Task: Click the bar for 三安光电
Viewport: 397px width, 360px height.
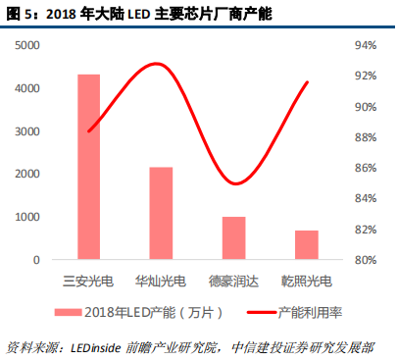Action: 89,167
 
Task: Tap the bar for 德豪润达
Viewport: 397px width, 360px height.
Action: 233,238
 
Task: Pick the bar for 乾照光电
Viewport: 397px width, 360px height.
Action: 306,245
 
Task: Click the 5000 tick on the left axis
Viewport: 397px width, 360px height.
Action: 28,46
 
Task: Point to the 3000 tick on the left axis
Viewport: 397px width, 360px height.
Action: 28,131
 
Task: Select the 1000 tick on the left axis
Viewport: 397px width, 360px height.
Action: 28,217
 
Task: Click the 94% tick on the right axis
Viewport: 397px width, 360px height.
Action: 365,46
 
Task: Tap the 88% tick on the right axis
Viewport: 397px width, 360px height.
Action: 365,137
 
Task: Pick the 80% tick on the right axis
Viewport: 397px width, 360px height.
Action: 365,260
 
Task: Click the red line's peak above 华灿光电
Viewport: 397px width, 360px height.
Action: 156,64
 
